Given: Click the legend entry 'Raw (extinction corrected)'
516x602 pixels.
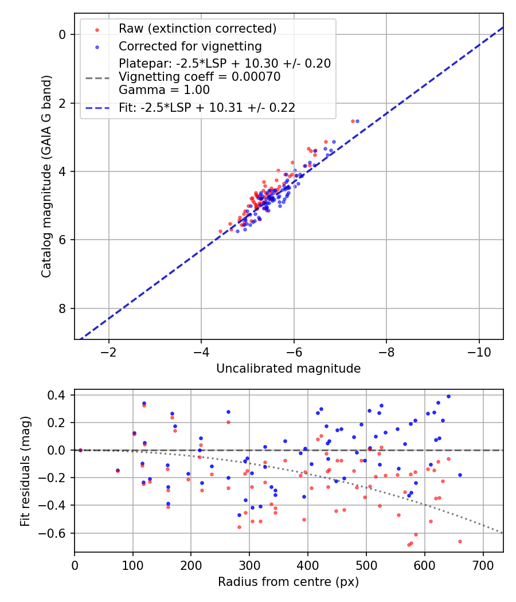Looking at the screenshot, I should (x=197, y=29).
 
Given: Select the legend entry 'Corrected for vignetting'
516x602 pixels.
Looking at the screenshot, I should (x=190, y=46).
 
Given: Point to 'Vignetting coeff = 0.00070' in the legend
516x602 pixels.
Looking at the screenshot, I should (x=200, y=77).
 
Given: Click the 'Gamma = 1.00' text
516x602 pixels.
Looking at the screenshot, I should (x=164, y=90).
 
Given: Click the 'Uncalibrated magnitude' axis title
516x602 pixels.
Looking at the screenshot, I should (x=288, y=369).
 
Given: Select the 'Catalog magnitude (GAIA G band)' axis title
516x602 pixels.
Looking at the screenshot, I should (x=46, y=176).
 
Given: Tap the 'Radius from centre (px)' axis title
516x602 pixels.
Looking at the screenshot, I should (x=288, y=582).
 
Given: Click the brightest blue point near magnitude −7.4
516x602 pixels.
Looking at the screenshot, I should (x=357, y=121).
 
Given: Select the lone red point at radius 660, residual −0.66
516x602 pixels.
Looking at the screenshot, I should (x=460, y=541).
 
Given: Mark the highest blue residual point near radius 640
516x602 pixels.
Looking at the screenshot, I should (x=448, y=396).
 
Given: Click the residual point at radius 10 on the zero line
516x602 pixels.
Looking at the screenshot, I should (x=80, y=450).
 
